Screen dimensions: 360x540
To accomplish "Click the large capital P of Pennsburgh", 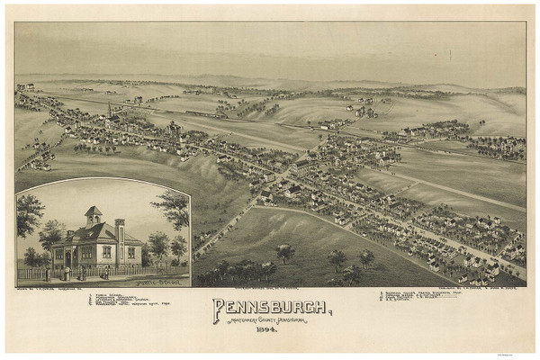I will tap(219, 311).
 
